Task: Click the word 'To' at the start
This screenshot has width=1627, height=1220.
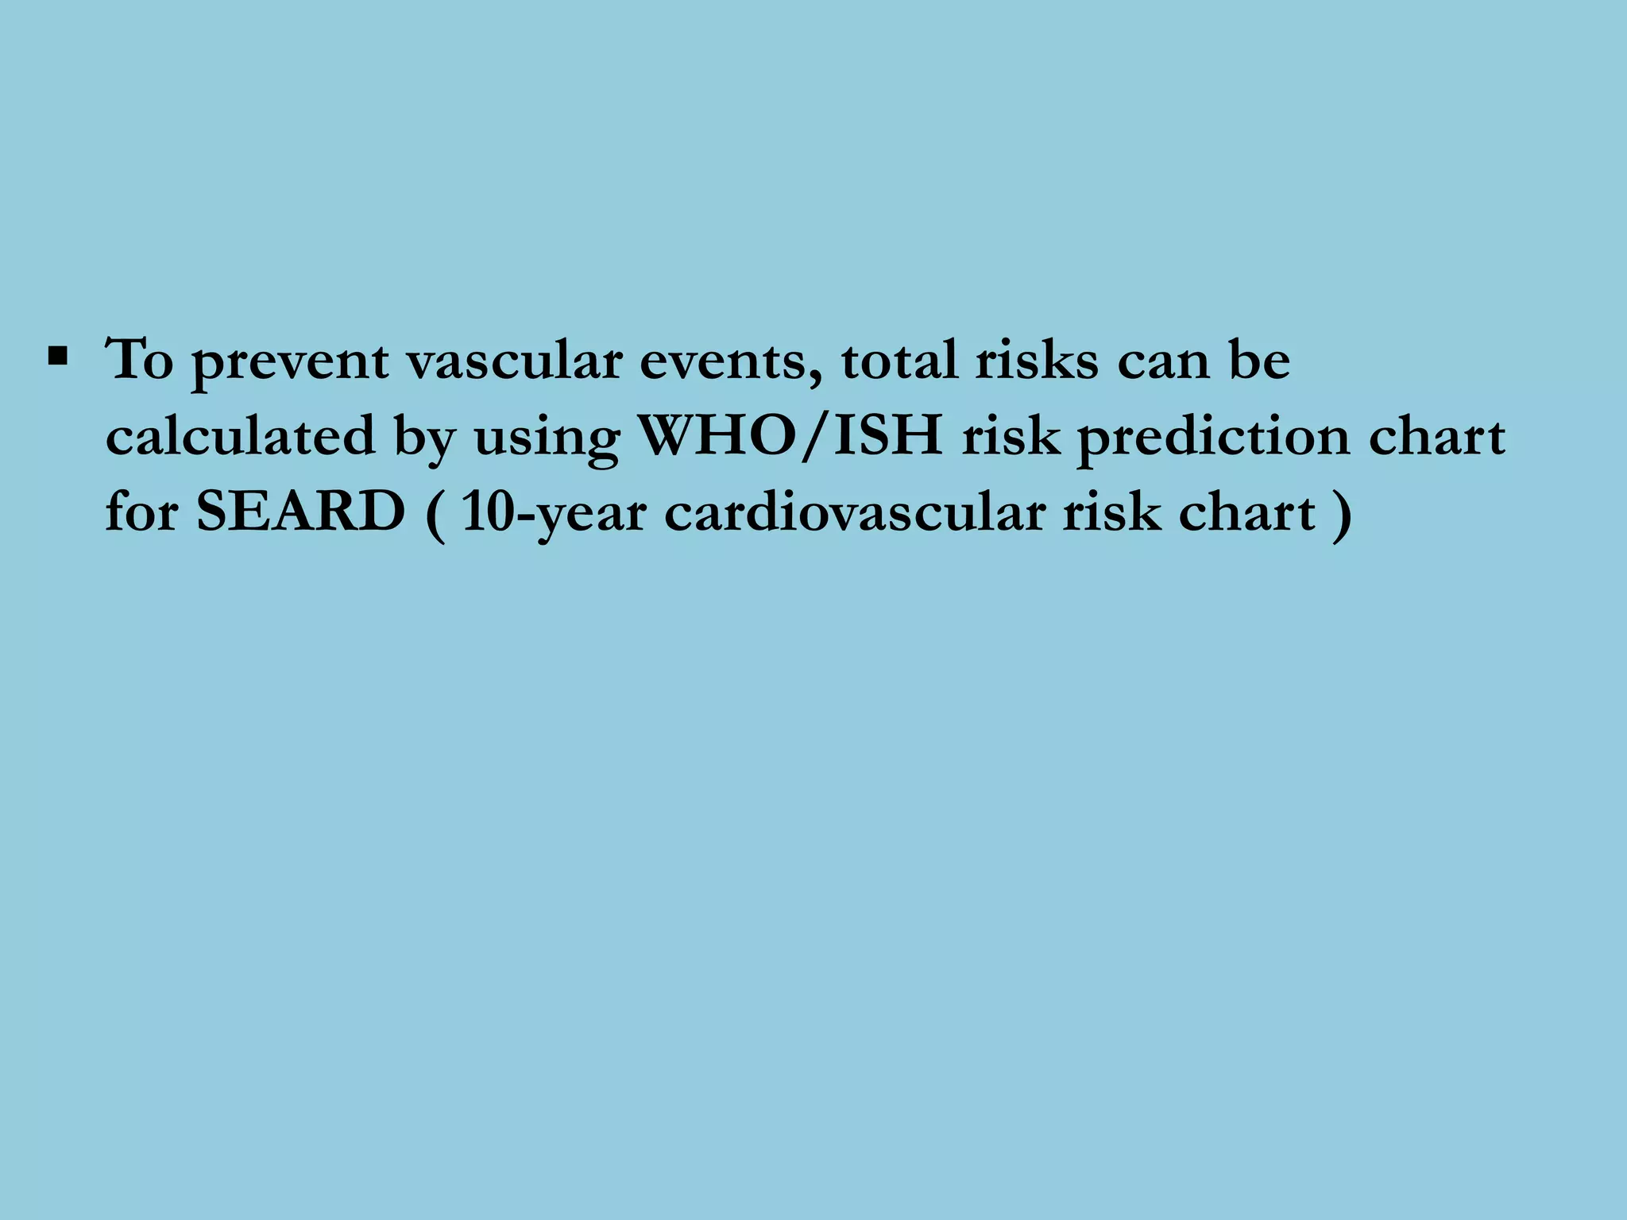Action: pyautogui.click(x=140, y=361)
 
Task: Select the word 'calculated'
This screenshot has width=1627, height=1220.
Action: pyautogui.click(x=241, y=437)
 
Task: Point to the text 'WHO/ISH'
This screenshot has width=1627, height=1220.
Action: pyautogui.click(x=791, y=437)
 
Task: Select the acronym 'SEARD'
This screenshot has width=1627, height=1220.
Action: pyautogui.click(x=301, y=513)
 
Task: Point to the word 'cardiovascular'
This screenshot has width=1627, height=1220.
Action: pyautogui.click(x=854, y=513)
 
